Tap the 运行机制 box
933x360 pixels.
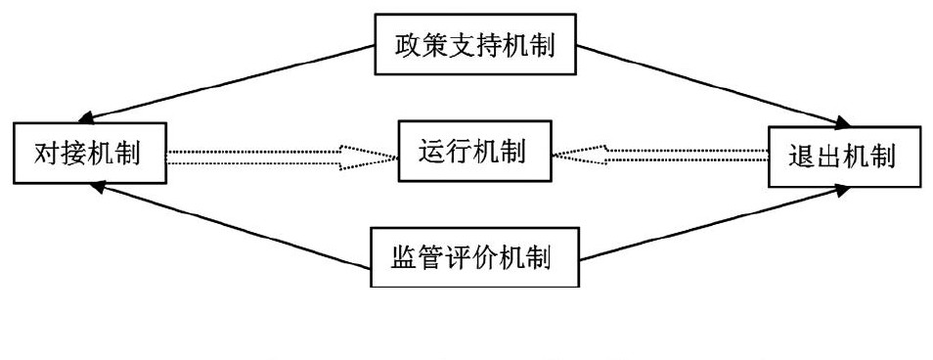(x=474, y=152)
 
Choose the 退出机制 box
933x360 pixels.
(x=843, y=156)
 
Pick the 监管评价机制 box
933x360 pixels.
(x=474, y=258)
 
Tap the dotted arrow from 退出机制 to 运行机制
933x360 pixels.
(x=675, y=155)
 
